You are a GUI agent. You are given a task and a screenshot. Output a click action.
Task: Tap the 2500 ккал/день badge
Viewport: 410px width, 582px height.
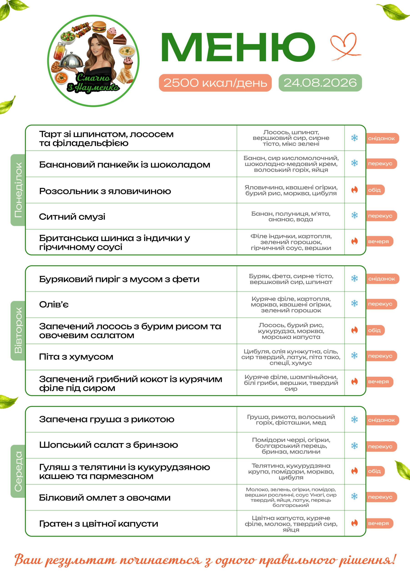click(x=215, y=83)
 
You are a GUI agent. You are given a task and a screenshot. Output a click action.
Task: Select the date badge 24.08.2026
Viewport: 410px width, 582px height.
click(x=320, y=83)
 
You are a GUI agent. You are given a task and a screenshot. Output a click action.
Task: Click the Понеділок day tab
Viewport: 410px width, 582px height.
click(x=18, y=190)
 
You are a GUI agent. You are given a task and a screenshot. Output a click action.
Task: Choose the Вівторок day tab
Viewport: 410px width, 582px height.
click(x=18, y=330)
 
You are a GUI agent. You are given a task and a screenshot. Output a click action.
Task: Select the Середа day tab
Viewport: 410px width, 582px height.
click(x=18, y=471)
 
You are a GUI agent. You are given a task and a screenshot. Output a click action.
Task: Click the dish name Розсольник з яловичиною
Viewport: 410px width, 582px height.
click(x=105, y=191)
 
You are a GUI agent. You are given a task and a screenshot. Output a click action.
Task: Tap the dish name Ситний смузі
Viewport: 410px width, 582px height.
click(x=72, y=217)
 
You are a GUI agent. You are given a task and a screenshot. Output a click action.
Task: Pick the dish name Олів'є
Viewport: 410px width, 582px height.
click(x=54, y=304)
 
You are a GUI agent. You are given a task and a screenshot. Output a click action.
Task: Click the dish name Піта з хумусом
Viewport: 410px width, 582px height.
click(x=76, y=357)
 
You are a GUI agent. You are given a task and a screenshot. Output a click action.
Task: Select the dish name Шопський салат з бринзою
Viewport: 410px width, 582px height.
click(x=108, y=445)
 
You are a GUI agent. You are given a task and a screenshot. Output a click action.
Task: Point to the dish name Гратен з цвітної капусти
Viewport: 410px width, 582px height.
click(x=99, y=523)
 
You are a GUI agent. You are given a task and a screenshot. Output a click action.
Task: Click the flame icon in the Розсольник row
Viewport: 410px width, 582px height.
click(x=355, y=190)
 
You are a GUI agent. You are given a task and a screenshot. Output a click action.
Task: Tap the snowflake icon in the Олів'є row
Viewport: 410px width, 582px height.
click(x=355, y=303)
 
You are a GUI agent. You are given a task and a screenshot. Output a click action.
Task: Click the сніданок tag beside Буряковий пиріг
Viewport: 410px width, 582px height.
click(x=381, y=278)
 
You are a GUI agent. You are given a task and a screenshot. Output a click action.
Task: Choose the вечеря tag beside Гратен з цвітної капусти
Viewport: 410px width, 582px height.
click(x=378, y=523)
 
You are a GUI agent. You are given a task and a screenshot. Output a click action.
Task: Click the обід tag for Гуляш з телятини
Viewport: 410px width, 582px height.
click(x=374, y=471)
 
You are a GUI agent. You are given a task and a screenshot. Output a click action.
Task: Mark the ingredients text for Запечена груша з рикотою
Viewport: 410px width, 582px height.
click(x=291, y=419)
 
